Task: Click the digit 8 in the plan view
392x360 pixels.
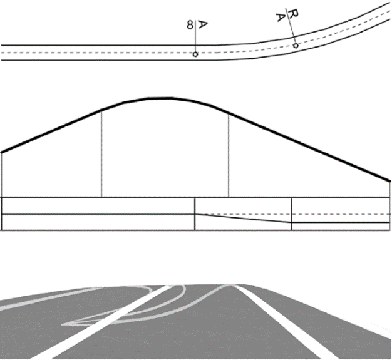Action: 190,25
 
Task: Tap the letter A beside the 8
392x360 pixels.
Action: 203,25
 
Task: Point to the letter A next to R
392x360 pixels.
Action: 281,18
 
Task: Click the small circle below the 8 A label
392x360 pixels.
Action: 195,54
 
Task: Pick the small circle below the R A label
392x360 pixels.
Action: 296,46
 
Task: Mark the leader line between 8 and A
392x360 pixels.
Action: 195,36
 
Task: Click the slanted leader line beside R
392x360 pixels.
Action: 291,26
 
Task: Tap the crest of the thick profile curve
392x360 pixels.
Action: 160,98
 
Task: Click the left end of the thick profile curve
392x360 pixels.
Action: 1,152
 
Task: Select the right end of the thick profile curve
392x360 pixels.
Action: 389,181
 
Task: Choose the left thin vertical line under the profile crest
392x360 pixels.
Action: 101,153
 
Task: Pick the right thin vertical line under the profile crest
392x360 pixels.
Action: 229,155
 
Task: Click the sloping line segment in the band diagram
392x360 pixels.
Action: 243,218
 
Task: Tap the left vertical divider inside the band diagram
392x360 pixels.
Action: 195,213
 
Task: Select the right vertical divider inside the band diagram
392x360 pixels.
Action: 292,213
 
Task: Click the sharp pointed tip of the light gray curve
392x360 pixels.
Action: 62,325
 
